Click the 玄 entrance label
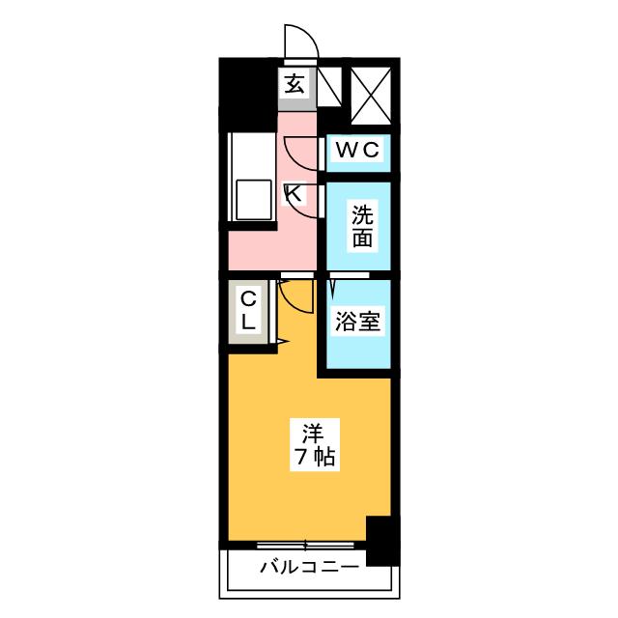tap(295, 84)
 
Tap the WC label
tap(360, 150)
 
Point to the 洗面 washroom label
tap(361, 227)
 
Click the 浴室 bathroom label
tap(357, 322)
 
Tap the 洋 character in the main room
tap(310, 432)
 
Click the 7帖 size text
tap(311, 459)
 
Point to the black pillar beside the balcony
tap(383, 541)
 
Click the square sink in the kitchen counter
tap(254, 201)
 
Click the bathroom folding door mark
tap(331, 287)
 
